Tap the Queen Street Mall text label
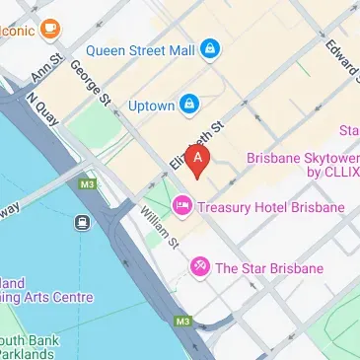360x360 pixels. pos(139,48)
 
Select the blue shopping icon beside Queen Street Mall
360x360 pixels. pos(210,48)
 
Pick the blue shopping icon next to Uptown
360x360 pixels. pos(188,104)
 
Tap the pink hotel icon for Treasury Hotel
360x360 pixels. pos(182,207)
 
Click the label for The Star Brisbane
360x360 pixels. pos(268,267)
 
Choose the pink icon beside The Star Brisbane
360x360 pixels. pos(199,267)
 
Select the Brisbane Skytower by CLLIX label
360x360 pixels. pos(301,165)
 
